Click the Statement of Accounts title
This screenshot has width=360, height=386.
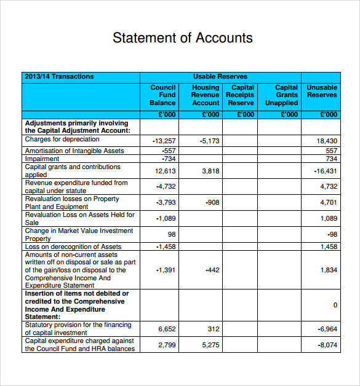pyautogui.click(x=182, y=37)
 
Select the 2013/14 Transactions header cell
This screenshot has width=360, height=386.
pyautogui.click(x=59, y=77)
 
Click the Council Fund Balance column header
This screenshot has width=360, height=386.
pyautogui.click(x=163, y=95)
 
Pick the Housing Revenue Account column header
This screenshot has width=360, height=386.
pyautogui.click(x=206, y=95)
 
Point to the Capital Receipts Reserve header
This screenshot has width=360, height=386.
pyautogui.click(x=241, y=95)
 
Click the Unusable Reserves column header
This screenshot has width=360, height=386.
pyautogui.click(x=322, y=92)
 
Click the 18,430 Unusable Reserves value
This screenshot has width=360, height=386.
pyautogui.click(x=327, y=141)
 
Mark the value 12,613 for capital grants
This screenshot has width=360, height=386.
pyautogui.click(x=166, y=171)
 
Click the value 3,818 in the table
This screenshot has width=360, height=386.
pyautogui.click(x=210, y=171)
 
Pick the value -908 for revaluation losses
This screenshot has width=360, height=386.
pyautogui.click(x=212, y=202)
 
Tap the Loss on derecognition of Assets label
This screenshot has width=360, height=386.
pyautogui.click(x=73, y=246)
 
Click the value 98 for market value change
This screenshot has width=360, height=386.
pyautogui.click(x=172, y=234)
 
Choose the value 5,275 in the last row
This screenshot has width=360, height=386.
pyautogui.click(x=210, y=345)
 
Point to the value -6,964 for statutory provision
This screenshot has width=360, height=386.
pyautogui.click(x=327, y=329)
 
